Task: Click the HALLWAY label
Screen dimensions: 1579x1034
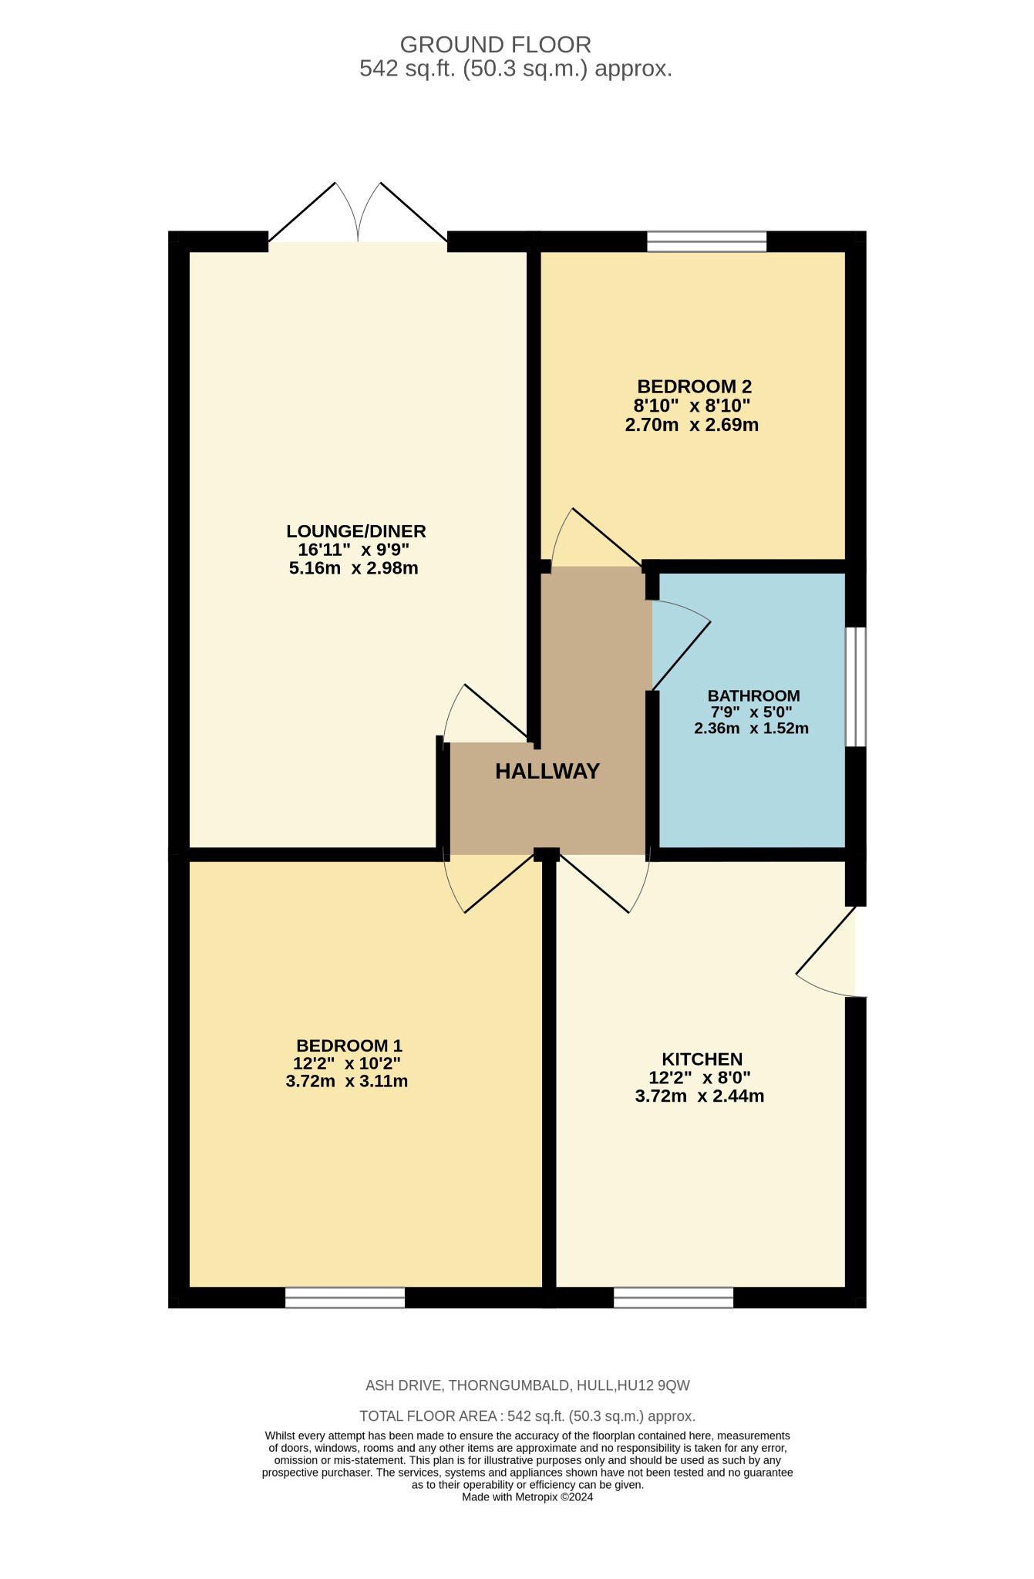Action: (x=547, y=771)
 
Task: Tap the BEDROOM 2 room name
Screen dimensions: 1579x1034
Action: (x=694, y=386)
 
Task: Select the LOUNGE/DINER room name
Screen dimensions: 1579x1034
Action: (x=355, y=531)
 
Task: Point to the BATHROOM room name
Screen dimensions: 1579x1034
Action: (x=753, y=695)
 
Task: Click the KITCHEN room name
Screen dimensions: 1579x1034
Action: (x=702, y=1059)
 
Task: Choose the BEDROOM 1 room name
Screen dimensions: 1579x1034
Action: (x=349, y=1045)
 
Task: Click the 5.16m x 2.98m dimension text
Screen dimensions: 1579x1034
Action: (x=353, y=569)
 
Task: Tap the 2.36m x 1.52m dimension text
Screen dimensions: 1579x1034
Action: (x=751, y=729)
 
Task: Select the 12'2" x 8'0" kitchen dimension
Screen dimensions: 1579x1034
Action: (x=699, y=1078)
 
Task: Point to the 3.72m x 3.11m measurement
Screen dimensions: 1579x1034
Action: (x=346, y=1082)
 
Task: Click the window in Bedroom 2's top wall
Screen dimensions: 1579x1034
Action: (x=706, y=241)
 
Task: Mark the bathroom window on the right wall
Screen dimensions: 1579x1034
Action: (x=855, y=686)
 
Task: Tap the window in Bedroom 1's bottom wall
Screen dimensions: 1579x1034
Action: (x=345, y=1298)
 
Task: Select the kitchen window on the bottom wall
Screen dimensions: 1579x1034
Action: (x=673, y=1298)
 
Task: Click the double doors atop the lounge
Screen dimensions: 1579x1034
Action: (x=358, y=224)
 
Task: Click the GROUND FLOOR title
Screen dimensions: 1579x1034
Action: (x=495, y=45)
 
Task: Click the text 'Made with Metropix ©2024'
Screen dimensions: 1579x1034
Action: (x=527, y=1497)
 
